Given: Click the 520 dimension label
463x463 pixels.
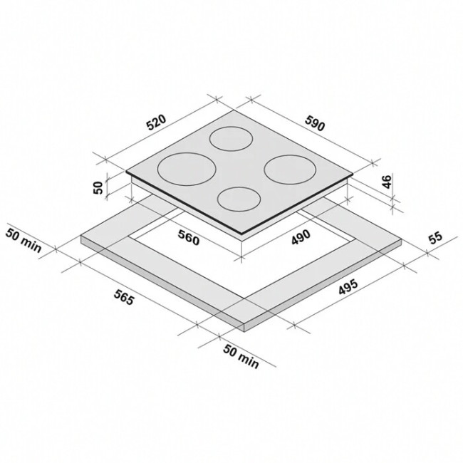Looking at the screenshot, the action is click(157, 123).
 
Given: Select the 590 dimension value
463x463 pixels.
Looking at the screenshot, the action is click(315, 123).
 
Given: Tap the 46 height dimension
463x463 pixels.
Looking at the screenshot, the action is click(387, 182).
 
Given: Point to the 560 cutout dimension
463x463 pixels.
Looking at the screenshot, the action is click(189, 237).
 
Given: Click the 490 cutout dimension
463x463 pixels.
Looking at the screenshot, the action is click(301, 236).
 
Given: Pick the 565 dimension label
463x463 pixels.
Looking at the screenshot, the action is click(125, 297).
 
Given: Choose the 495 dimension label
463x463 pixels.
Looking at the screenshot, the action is click(348, 286).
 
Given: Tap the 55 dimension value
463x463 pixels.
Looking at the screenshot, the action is click(435, 239).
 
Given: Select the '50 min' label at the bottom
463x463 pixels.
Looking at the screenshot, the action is click(241, 356).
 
